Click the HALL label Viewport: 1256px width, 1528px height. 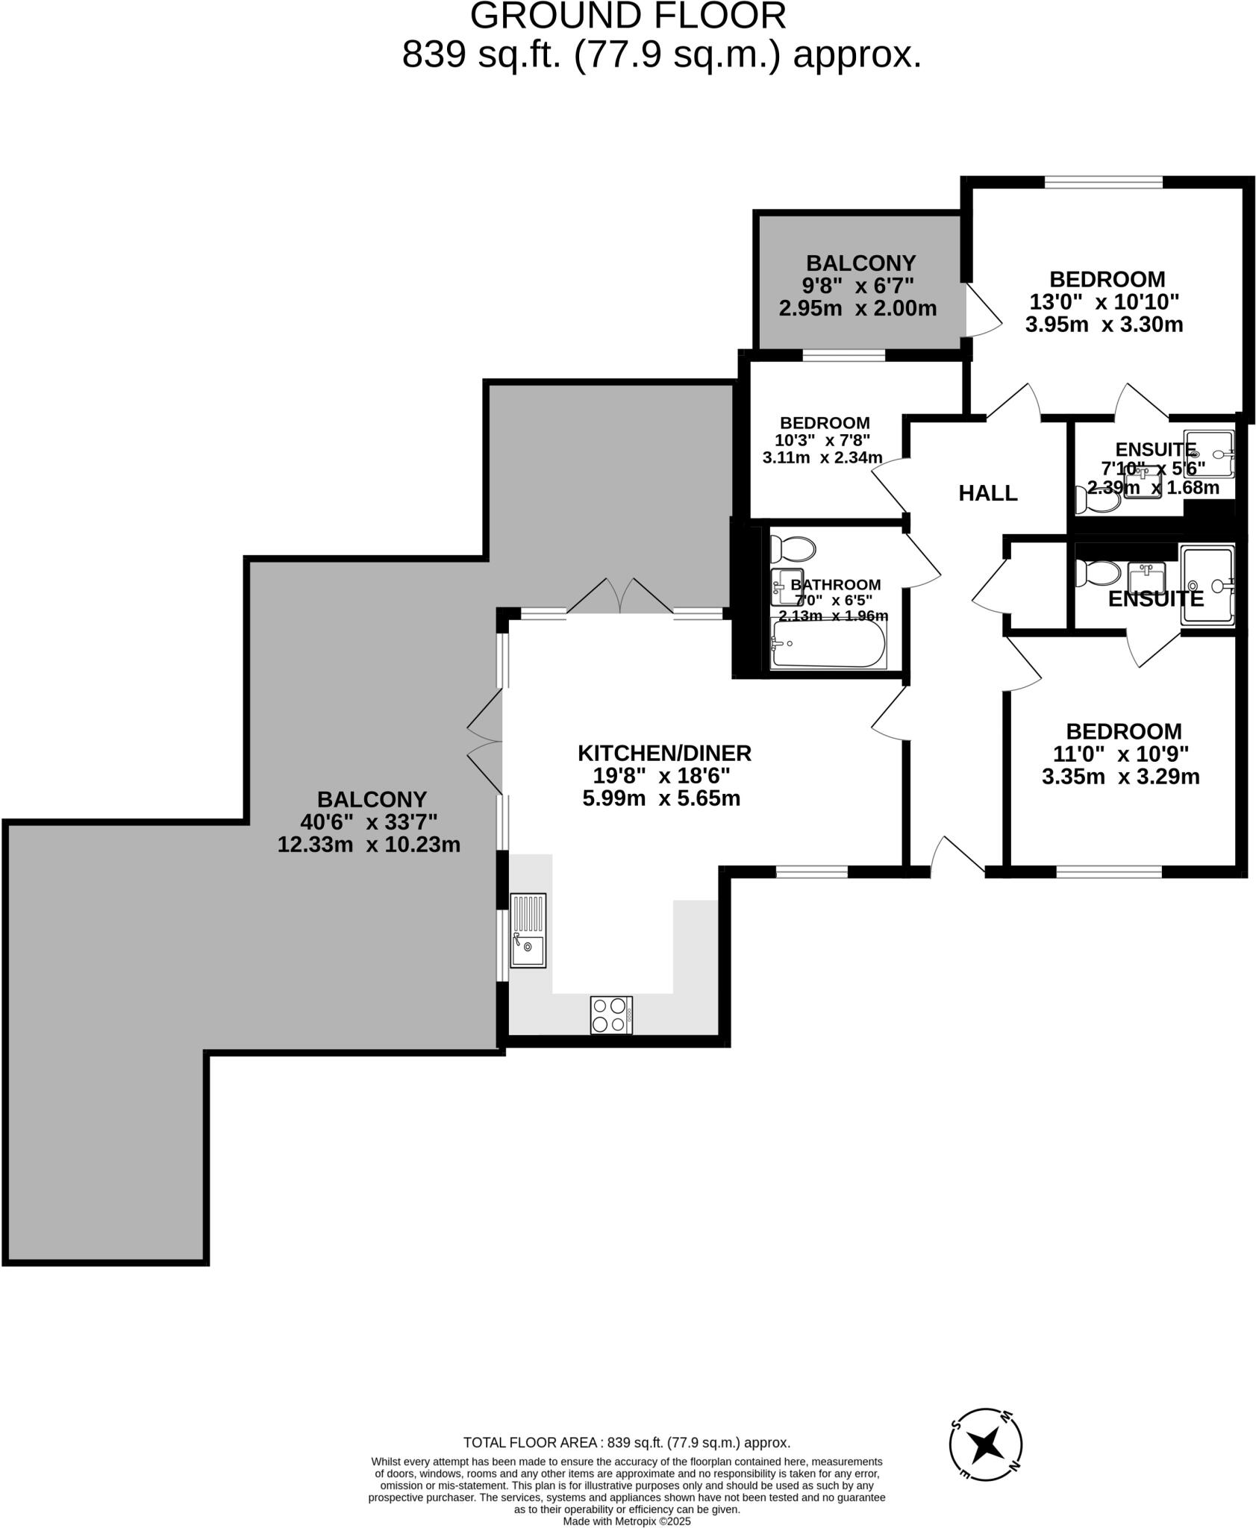click(987, 493)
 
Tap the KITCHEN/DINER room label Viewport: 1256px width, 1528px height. click(664, 753)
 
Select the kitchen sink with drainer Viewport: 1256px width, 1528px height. click(528, 930)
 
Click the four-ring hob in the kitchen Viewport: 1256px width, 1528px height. click(610, 1015)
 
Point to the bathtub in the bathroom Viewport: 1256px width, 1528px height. click(828, 645)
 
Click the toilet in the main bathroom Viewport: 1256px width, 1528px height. click(793, 550)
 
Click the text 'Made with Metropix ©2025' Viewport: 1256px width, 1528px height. click(627, 1521)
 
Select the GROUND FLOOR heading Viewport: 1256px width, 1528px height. click(628, 16)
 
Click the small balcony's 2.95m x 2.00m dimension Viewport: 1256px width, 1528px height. click(857, 308)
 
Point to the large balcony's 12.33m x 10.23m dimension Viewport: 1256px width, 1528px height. click(369, 845)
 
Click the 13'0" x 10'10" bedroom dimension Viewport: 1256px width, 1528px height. click(1104, 302)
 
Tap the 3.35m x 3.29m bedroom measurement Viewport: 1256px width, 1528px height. click(1120, 777)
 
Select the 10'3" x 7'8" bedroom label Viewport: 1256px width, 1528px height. click(822, 440)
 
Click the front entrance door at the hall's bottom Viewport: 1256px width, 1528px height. click(957, 857)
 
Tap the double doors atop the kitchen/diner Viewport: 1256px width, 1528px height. click(619, 597)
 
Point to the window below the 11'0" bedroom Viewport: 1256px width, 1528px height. click(1109, 871)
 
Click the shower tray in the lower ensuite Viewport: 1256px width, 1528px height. click(1207, 584)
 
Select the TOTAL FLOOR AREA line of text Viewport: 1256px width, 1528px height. click(627, 1442)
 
